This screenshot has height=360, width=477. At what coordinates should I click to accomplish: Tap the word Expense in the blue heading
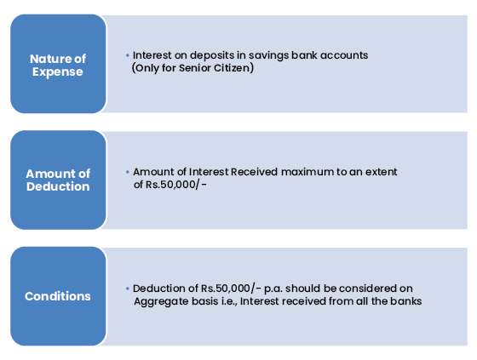pos(58,72)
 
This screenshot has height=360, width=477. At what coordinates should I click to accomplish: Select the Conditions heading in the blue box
pos(58,296)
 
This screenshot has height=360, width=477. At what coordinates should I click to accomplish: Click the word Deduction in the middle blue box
pos(58,186)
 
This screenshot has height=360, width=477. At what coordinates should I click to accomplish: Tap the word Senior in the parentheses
pos(195,68)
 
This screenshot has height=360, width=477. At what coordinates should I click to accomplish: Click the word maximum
pos(307,172)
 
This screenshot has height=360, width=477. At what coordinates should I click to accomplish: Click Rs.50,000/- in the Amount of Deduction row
pos(176,185)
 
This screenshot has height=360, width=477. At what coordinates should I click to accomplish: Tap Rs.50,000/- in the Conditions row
pos(231,289)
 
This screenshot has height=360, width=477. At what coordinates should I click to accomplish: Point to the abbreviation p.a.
pos(273,289)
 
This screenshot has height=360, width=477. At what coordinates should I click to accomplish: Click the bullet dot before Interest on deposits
pos(128,55)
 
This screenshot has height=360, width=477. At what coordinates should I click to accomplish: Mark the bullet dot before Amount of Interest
pos(128,172)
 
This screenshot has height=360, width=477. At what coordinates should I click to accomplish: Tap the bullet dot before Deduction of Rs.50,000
pos(128,289)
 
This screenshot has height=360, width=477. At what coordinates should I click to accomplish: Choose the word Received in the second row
pos(255,172)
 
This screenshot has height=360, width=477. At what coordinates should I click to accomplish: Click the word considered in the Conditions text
pos(368,289)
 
